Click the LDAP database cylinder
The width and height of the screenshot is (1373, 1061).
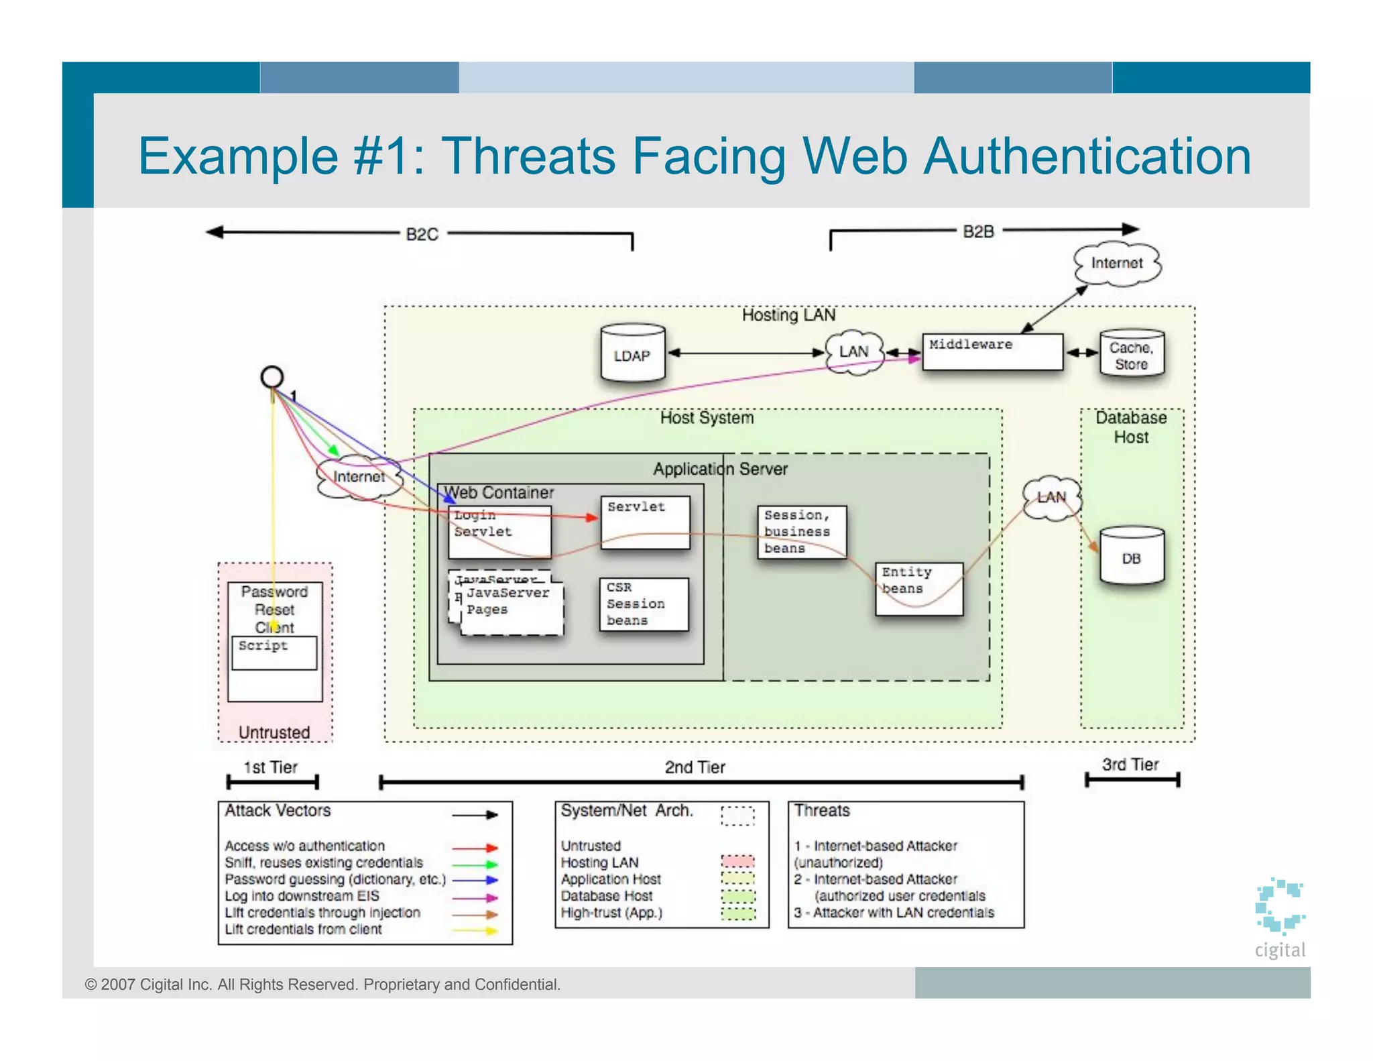tap(632, 354)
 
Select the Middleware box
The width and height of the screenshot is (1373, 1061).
tap(992, 352)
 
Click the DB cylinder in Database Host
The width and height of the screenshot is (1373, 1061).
tap(1131, 557)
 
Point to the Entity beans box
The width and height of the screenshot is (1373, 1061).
tap(918, 589)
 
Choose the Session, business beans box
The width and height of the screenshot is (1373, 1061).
tap(801, 532)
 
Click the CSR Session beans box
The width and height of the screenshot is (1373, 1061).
tap(643, 604)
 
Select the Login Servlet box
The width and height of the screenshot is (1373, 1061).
tap(499, 532)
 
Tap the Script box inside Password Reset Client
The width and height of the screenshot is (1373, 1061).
tap(274, 653)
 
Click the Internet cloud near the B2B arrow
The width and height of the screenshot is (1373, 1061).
tap(1116, 263)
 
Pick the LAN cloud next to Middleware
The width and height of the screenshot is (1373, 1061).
tap(853, 351)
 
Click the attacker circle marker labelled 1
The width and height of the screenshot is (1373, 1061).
tap(272, 377)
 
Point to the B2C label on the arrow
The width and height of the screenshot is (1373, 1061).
tap(422, 234)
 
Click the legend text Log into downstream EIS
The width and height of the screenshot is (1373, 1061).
tap(302, 896)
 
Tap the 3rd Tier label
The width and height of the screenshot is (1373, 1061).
tap(1130, 765)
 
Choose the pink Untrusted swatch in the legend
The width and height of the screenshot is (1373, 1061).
tap(737, 861)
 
